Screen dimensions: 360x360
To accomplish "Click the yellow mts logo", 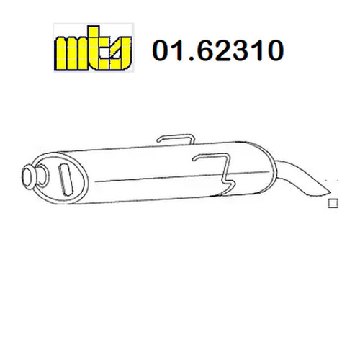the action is click(x=93, y=48).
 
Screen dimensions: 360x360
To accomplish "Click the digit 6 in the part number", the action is click(x=208, y=50).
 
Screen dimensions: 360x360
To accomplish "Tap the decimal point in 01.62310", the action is click(x=192, y=58).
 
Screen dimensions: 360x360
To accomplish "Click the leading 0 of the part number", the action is click(x=162, y=50).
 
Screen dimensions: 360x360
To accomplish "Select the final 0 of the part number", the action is click(x=274, y=50).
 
